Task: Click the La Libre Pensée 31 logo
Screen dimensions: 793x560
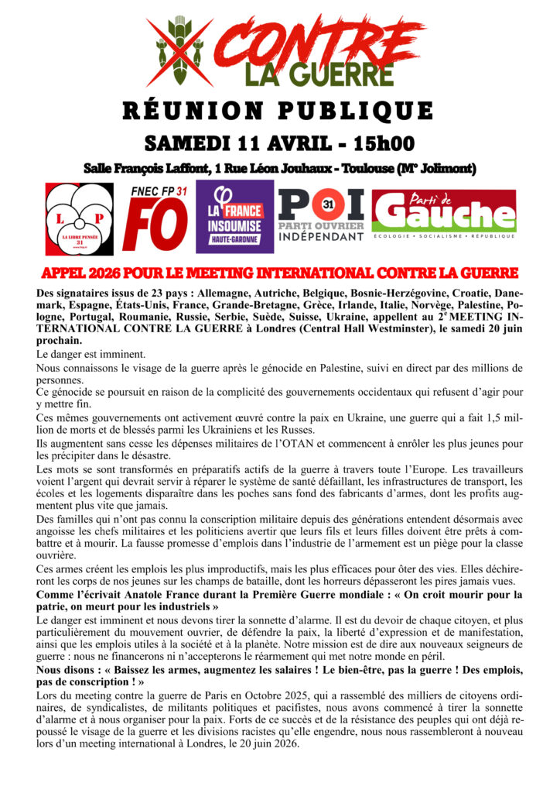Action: pos(79,219)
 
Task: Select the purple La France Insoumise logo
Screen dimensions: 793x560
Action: pos(234,217)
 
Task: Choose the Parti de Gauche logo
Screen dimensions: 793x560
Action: pos(443,211)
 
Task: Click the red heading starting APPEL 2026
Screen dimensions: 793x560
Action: pos(280,273)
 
